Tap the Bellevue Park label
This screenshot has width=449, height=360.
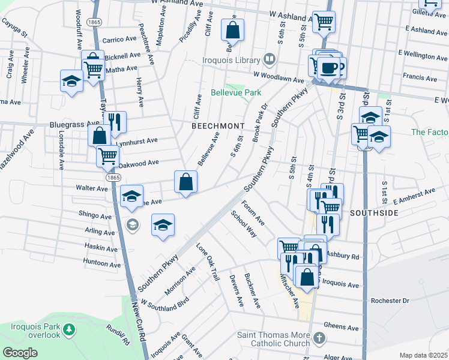[236, 93]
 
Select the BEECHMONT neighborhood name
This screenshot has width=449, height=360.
[218, 126]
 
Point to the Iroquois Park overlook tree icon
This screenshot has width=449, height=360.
[70, 329]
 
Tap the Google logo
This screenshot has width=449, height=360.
[20, 353]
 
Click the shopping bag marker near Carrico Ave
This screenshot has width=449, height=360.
[232, 29]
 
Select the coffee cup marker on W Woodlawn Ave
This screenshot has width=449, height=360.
[328, 68]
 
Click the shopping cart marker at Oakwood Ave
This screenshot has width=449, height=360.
[107, 155]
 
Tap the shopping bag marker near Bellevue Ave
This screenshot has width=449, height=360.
[186, 181]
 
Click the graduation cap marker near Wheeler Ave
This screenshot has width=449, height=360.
[71, 80]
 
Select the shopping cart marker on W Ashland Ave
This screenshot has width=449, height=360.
[324, 22]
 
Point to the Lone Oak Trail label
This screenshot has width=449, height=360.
[208, 262]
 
